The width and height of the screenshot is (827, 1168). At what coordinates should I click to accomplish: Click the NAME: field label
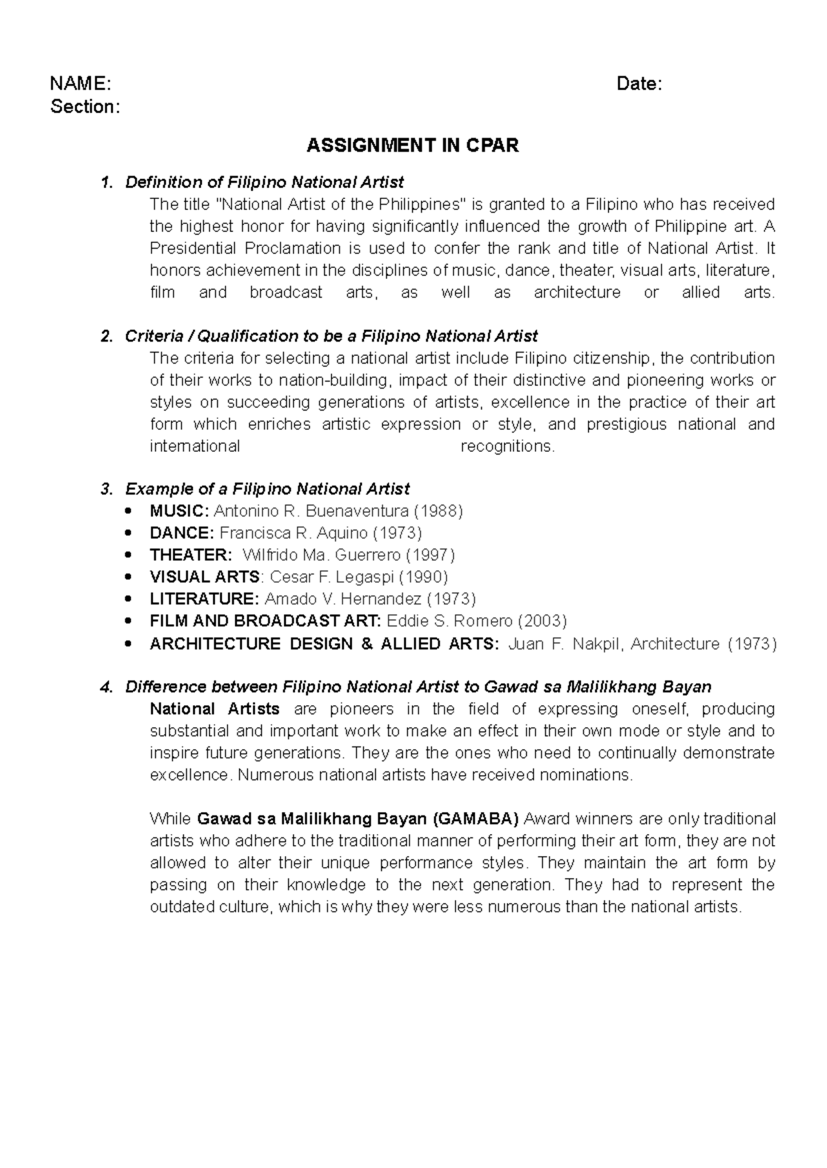click(x=80, y=84)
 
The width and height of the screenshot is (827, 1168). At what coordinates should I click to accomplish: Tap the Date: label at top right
click(x=639, y=84)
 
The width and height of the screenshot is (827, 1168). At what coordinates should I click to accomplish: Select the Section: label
click(x=85, y=107)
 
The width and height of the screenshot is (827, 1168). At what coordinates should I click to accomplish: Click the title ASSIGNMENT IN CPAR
click(x=412, y=145)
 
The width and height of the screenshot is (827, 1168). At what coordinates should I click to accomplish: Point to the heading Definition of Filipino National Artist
click(x=264, y=182)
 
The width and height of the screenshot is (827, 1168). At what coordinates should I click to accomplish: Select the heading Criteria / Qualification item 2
click(x=331, y=336)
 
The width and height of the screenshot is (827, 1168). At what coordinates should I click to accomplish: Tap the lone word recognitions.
click(x=507, y=446)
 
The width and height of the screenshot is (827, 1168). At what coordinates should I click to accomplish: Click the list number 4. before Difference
click(x=105, y=687)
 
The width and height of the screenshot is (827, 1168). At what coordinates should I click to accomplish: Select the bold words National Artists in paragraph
click(x=214, y=709)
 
